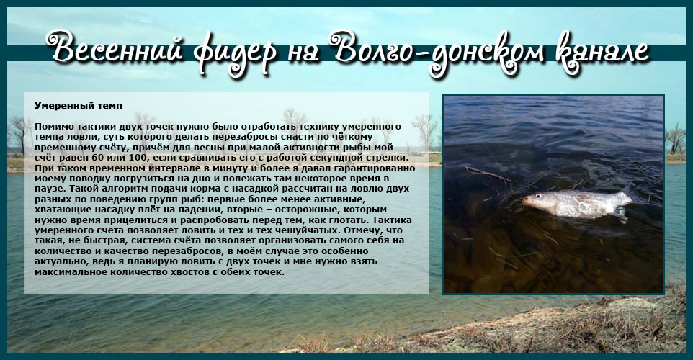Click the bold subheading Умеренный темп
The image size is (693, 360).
pyautogui.click(x=79, y=106)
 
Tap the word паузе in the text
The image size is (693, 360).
pyautogui.click(x=48, y=189)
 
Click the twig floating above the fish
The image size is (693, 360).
pyautogui.click(x=488, y=174)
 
